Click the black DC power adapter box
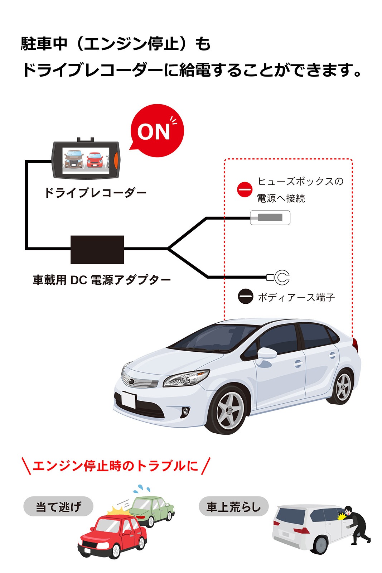(97, 249)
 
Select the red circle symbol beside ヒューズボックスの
(245, 189)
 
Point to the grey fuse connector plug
(270, 218)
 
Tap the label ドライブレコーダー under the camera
(95, 193)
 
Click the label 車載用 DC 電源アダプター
(102, 280)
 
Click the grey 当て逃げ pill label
(58, 506)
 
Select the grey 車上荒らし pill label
(233, 506)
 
